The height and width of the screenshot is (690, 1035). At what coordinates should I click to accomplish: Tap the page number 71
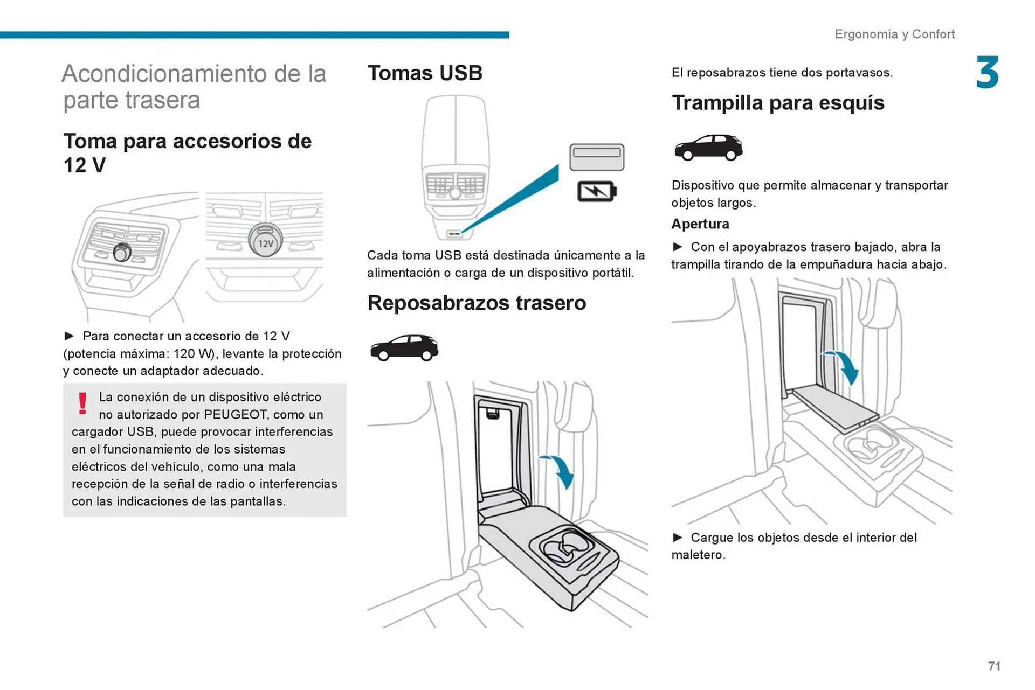click(x=994, y=666)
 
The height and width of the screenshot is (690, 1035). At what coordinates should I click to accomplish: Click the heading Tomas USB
click(x=425, y=73)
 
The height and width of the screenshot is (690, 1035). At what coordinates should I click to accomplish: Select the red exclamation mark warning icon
click(x=82, y=403)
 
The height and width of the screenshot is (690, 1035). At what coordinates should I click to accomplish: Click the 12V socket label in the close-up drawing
click(x=265, y=243)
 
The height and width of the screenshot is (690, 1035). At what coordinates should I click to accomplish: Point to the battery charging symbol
click(x=597, y=191)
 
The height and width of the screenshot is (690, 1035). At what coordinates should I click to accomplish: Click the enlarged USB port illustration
click(x=597, y=157)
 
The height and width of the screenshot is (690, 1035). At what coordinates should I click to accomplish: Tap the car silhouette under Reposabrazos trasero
click(x=404, y=348)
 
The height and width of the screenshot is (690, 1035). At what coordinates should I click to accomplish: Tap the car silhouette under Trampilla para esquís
click(x=708, y=147)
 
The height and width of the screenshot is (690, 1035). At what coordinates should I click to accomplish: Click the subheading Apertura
click(x=700, y=224)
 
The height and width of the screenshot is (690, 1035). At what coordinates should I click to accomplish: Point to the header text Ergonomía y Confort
click(x=894, y=34)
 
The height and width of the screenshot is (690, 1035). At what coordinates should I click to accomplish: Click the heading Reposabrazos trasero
click(x=477, y=303)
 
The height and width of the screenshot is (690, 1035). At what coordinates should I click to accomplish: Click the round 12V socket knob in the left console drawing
click(x=122, y=252)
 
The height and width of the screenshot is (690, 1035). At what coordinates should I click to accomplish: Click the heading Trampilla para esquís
click(x=777, y=103)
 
